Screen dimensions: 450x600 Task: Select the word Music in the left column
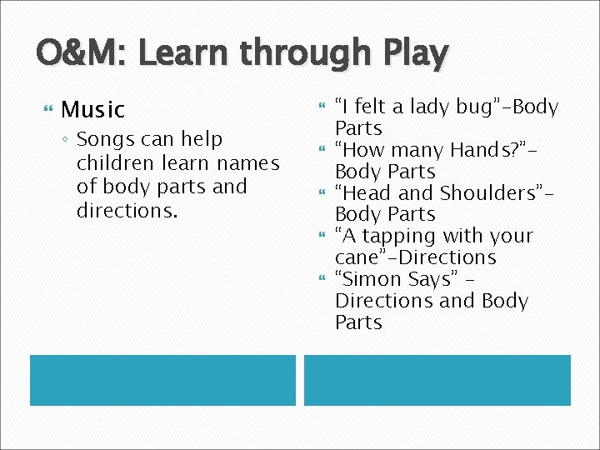[x=92, y=109]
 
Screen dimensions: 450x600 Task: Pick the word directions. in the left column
[x=127, y=210]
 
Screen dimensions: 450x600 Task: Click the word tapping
[x=393, y=237]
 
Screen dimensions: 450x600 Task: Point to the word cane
[x=357, y=258]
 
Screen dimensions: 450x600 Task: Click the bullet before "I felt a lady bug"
[x=322, y=106]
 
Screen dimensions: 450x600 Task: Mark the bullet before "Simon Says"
[x=322, y=278]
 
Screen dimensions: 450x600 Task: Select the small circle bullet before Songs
[x=67, y=140]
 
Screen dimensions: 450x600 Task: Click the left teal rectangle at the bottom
[x=162, y=380]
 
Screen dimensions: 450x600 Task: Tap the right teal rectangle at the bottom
[x=437, y=380]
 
